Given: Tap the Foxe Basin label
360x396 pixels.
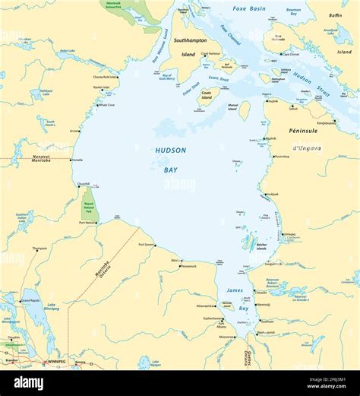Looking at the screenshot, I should (x=249, y=9).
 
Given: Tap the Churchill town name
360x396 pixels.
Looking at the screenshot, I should (x=84, y=183).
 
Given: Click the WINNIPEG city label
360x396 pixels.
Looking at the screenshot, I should (x=55, y=362).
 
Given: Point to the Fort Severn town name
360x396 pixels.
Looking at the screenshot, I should (x=147, y=245).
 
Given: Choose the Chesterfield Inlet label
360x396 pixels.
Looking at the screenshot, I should (x=106, y=77).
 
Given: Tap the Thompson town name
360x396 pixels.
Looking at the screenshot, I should (x=39, y=248).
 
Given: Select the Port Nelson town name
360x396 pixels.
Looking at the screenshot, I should (x=88, y=223).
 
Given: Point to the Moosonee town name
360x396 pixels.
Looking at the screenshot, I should (x=226, y=337).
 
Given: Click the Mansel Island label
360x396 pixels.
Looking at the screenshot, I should (x=233, y=107).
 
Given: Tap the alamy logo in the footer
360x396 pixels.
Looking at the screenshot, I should (x=28, y=383).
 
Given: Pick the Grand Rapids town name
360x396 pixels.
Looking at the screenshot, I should (x=30, y=300).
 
